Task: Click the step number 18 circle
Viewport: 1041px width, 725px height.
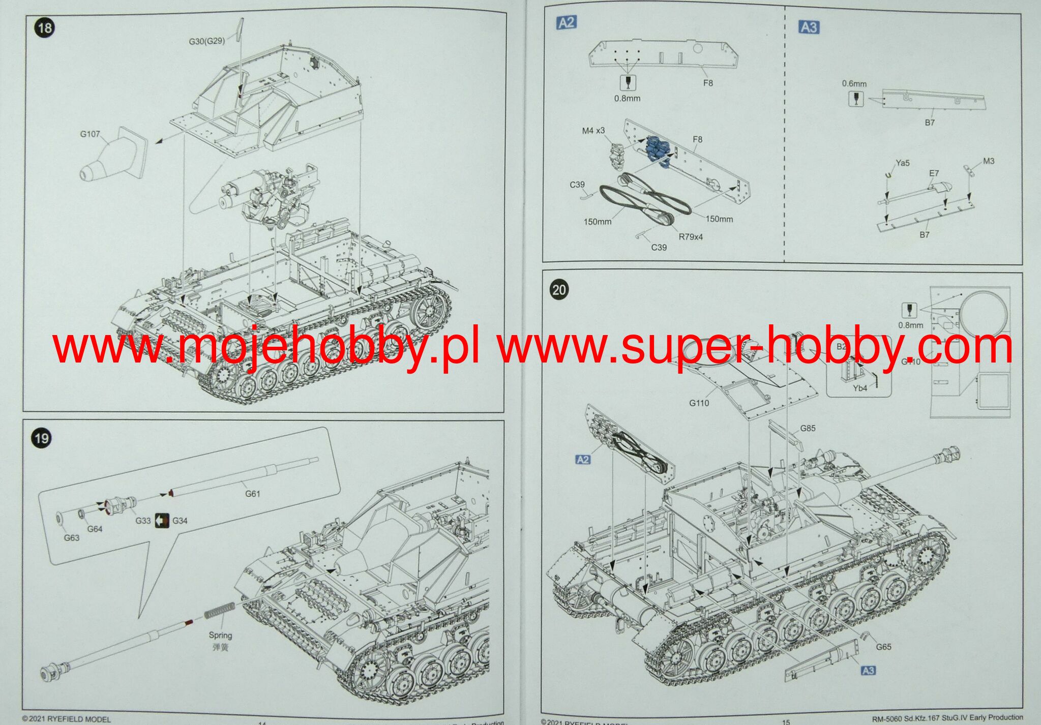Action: [45, 27]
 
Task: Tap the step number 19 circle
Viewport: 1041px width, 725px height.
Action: [41, 438]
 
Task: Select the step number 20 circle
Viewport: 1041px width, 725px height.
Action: [558, 290]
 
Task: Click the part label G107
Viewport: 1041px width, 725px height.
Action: [90, 134]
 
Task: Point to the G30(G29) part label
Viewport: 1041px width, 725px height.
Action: [206, 41]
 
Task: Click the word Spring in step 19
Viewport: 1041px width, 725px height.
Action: [220, 635]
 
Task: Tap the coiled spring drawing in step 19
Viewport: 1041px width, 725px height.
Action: [219, 610]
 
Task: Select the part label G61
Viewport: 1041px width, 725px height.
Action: [253, 494]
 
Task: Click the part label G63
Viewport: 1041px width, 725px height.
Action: [72, 538]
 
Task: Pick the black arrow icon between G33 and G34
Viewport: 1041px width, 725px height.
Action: [162, 520]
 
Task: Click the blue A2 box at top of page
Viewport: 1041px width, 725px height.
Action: [567, 22]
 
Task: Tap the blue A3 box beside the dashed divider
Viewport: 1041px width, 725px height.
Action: [809, 27]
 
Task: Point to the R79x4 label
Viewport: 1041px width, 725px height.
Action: [691, 237]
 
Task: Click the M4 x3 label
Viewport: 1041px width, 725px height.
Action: [593, 131]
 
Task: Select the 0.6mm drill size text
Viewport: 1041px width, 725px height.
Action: [854, 83]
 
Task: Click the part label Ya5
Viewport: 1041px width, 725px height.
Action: [903, 163]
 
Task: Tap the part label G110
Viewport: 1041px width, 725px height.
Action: [699, 403]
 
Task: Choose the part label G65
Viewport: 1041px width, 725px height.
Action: [883, 647]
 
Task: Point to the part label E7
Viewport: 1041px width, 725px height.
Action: [934, 173]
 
